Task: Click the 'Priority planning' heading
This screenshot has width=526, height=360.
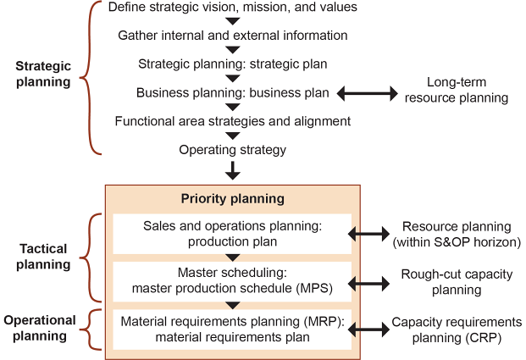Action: tap(232, 199)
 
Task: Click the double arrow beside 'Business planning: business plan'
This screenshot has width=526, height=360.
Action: tap(368, 92)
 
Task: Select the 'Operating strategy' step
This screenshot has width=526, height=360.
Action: tap(233, 150)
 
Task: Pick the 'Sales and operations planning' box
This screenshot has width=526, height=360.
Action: tap(232, 233)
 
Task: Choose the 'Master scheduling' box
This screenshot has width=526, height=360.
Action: tap(232, 280)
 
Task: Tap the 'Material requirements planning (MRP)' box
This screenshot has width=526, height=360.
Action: tap(232, 329)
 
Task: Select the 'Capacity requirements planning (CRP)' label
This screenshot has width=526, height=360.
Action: tap(457, 330)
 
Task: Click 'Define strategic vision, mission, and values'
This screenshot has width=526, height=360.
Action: tap(233, 8)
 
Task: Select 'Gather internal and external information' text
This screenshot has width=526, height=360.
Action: tap(233, 36)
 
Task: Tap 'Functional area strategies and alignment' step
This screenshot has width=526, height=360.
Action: tap(233, 120)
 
